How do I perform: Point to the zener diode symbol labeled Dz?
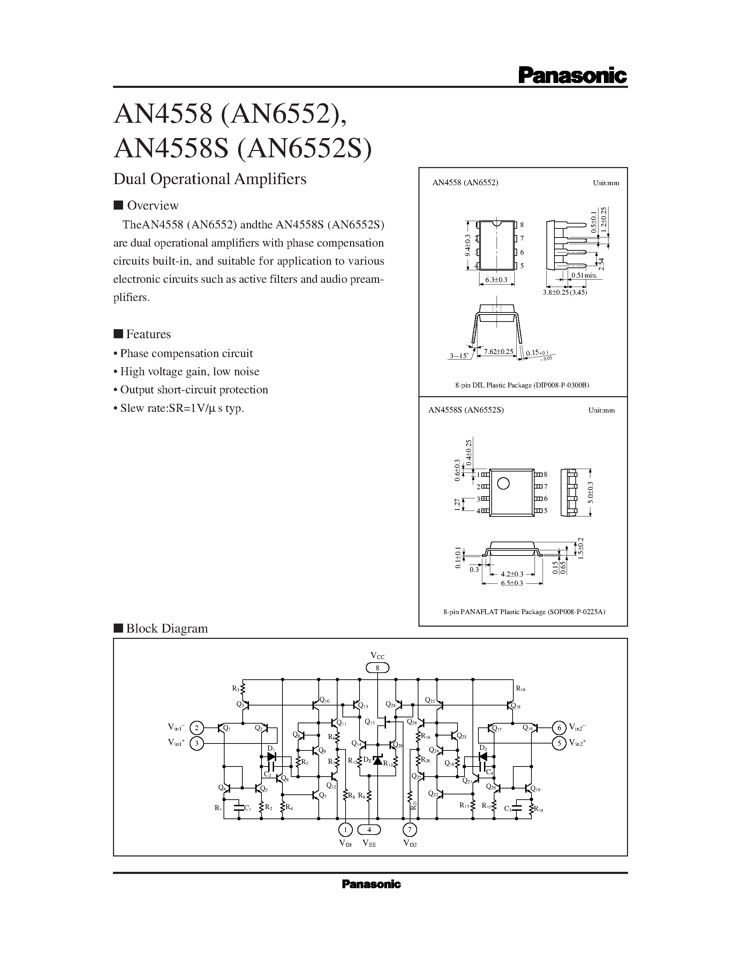point(377,760)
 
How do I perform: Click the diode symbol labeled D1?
point(272,757)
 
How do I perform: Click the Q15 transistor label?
point(370,722)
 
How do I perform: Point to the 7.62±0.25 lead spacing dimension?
point(498,351)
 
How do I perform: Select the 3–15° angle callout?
point(459,355)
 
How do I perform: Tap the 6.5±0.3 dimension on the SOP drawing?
point(512,583)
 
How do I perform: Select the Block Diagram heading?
point(167,628)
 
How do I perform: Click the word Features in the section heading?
point(149,334)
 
